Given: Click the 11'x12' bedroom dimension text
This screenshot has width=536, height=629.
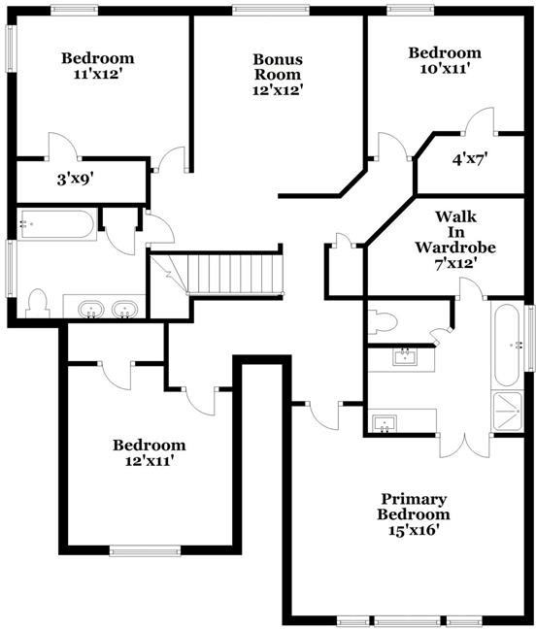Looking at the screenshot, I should click(97, 74).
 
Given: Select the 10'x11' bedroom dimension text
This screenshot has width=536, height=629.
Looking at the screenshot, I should click(444, 69).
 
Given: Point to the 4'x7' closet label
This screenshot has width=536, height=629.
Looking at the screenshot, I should click(471, 160).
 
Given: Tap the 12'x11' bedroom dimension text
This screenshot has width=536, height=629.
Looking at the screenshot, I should click(149, 462).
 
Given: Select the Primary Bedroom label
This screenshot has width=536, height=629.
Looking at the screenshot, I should click(415, 513).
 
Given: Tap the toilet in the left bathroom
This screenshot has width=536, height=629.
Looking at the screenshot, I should click(39, 303).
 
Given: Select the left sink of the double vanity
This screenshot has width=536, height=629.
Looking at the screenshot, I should click(93, 310).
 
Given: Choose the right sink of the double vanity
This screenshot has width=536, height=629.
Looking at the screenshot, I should click(123, 310).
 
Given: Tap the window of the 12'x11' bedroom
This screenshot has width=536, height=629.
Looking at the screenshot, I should click(145, 550).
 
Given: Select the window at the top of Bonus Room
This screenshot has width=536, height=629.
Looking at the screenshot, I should click(264, 11).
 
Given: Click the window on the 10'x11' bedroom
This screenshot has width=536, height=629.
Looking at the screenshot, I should click(413, 11).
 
